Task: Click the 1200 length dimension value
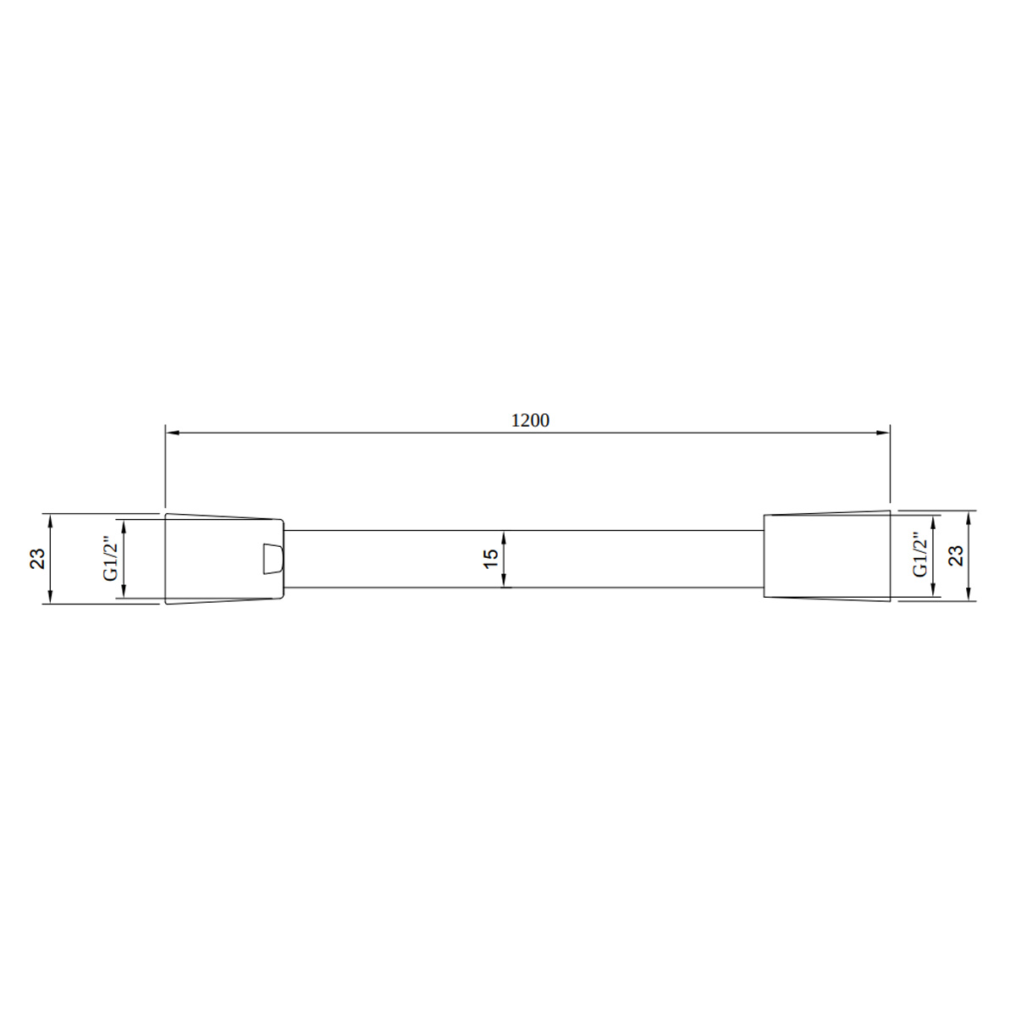(x=530, y=420)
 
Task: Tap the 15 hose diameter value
(x=490, y=558)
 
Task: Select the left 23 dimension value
(x=37, y=558)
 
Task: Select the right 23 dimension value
(x=956, y=555)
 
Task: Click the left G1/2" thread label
(x=110, y=559)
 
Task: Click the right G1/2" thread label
(x=919, y=554)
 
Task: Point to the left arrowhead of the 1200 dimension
(x=173, y=433)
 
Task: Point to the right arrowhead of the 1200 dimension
(x=883, y=433)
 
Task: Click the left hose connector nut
(x=224, y=558)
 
